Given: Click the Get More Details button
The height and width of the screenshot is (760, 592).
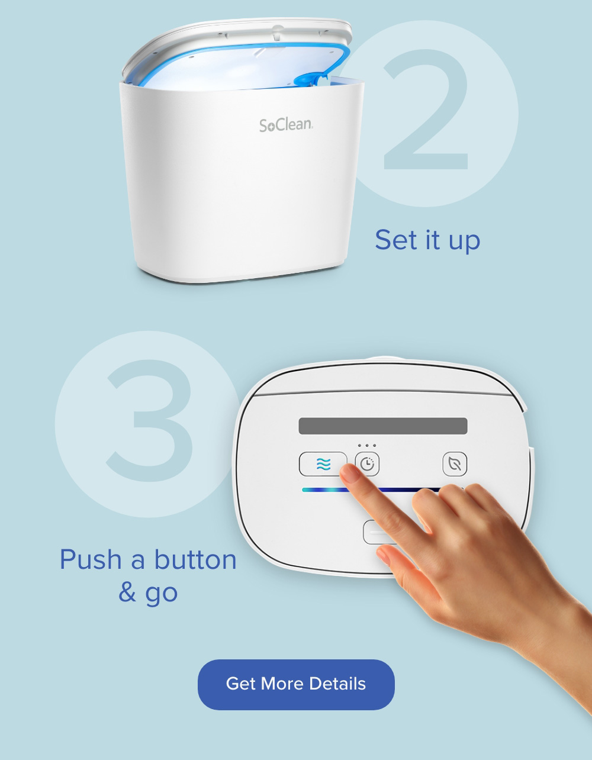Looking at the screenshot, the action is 296,684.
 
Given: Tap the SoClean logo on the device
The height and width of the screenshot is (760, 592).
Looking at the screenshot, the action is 286,125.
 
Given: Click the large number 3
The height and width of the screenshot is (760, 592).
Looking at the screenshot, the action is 150,420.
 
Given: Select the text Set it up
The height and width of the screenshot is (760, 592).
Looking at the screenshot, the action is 427,240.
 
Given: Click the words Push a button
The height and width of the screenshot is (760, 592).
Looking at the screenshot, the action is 148,559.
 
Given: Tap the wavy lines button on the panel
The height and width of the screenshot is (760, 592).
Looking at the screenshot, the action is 323,464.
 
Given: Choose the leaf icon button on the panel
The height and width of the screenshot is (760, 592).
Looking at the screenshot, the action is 455,464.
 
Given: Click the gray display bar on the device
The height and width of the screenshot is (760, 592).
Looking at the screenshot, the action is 383,426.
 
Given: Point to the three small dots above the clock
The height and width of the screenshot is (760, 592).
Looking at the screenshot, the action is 367,446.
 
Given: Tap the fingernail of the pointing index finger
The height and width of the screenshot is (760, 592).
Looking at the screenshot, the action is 350,474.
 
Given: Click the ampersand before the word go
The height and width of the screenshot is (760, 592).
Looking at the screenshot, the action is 127,592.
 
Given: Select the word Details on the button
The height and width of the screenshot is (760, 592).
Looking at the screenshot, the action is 337,684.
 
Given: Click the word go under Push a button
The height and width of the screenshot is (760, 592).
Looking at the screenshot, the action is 161,594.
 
